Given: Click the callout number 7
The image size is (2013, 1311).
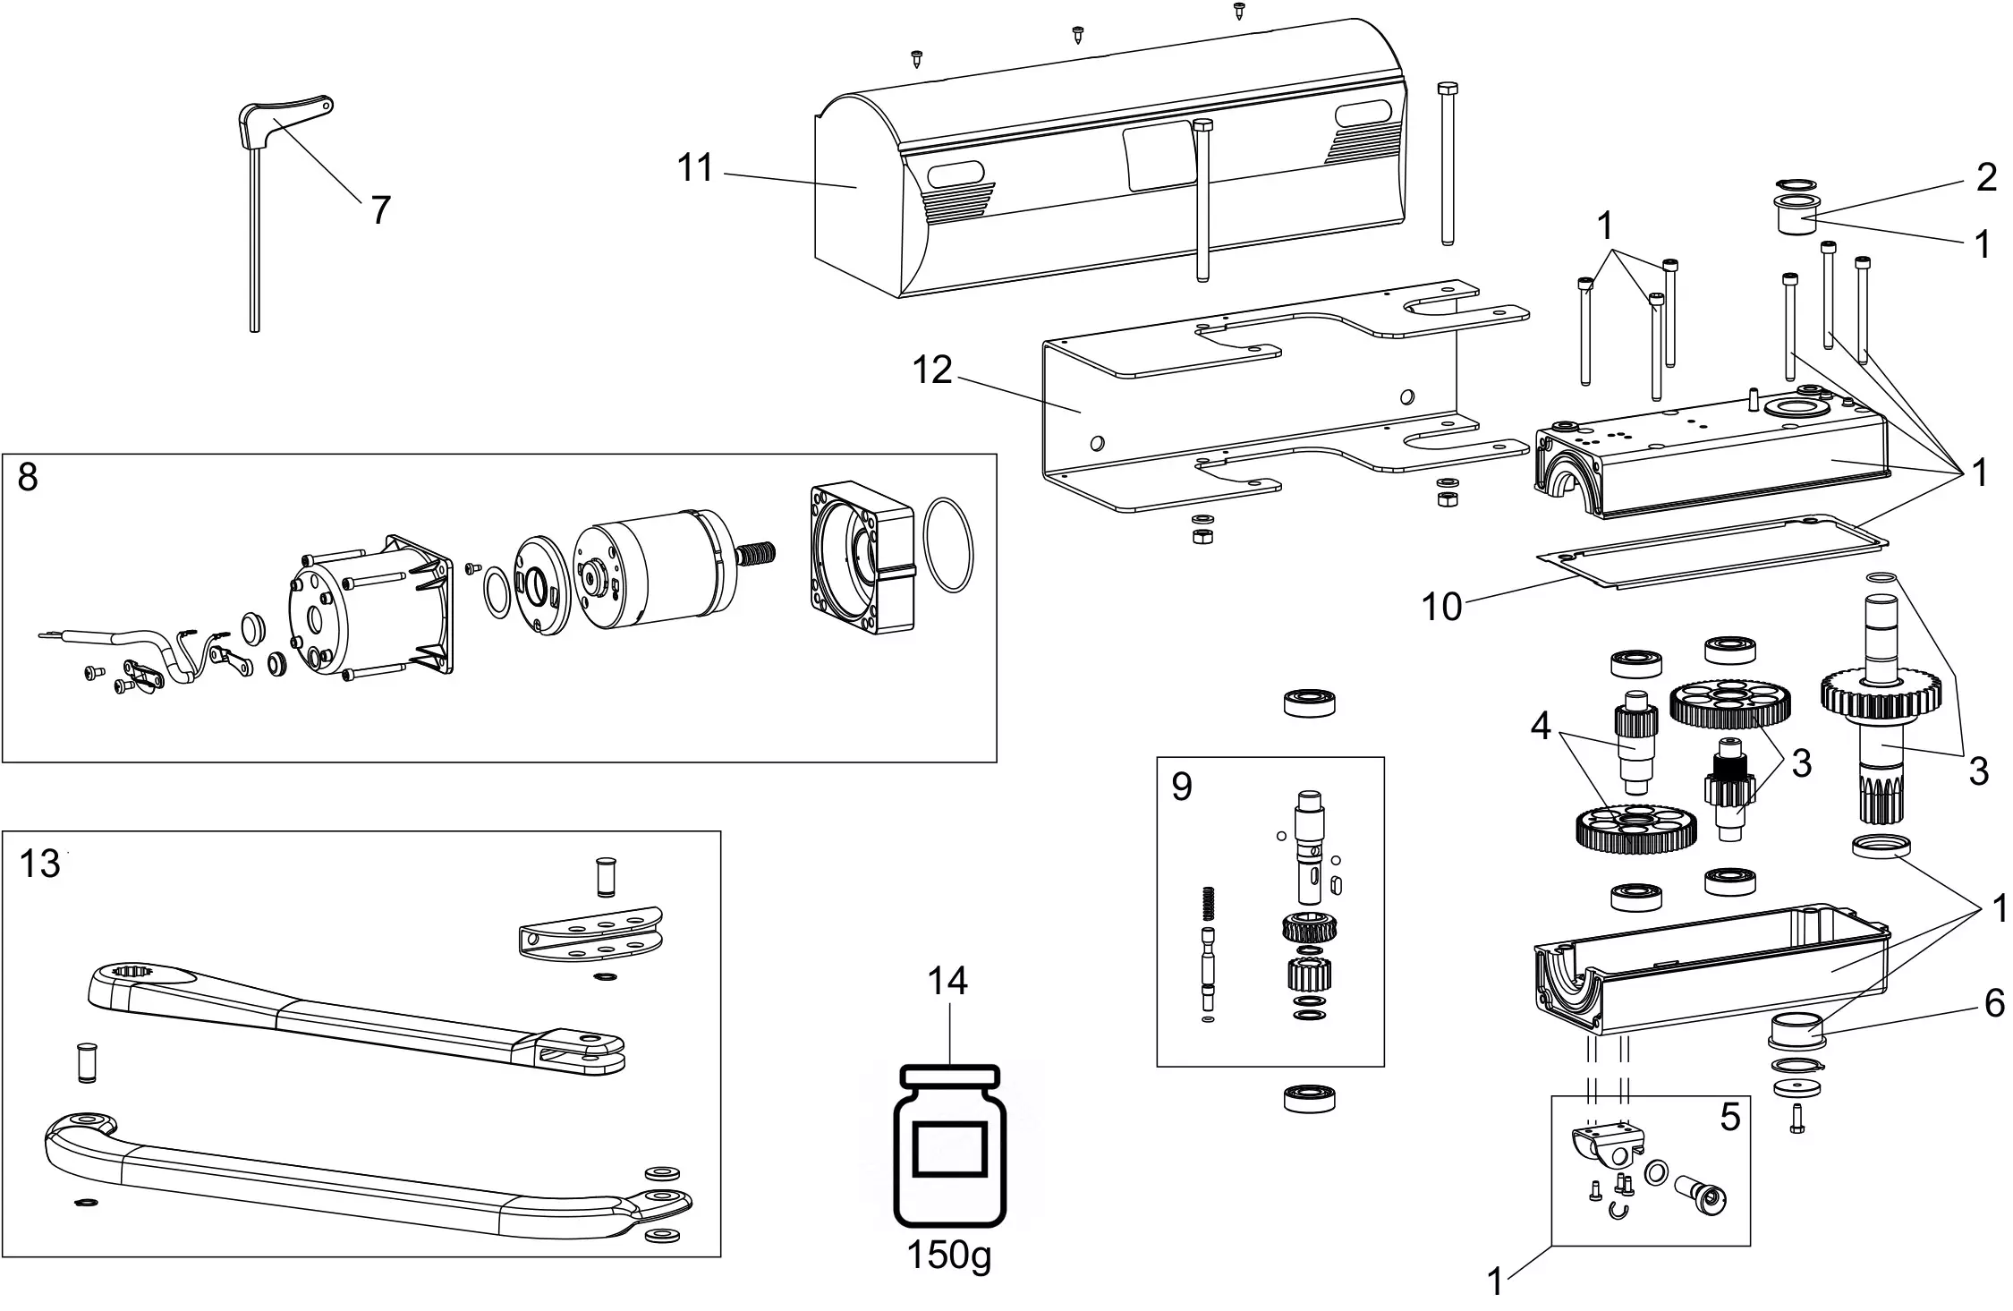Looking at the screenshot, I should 380,211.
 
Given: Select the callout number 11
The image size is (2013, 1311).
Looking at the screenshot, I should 695,168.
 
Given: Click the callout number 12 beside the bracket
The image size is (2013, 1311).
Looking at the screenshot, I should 932,370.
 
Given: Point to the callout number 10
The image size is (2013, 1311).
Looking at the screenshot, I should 1441,607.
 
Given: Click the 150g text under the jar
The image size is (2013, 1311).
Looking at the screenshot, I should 949,1256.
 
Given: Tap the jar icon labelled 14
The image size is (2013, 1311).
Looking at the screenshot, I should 949,1147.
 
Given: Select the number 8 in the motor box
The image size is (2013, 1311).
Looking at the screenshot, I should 28,478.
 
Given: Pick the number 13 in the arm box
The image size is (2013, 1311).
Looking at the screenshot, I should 39,864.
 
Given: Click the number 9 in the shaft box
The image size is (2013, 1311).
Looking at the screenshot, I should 1181,787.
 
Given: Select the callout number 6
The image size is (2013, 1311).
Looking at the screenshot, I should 1994,1005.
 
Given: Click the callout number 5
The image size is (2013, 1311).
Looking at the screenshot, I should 1729,1117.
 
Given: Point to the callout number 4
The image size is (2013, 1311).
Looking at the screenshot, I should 1540,727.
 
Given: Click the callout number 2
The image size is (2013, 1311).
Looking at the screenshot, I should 1986,178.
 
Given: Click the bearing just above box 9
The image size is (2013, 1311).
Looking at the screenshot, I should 1309,702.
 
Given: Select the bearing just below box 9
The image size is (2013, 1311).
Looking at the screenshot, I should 1309,1097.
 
